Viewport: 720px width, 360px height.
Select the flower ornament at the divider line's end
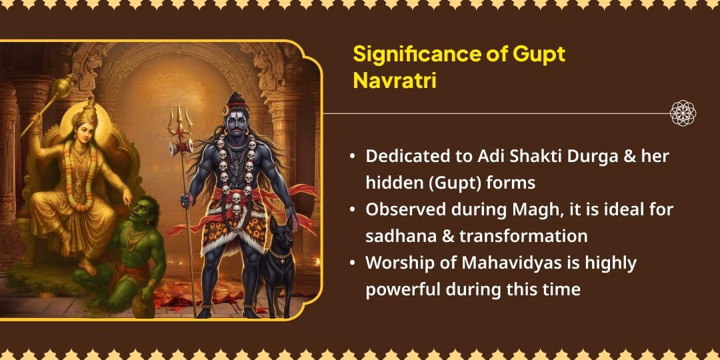pos(683,113)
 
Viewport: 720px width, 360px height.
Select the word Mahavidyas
pos(508,263)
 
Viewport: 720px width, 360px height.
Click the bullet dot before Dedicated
pos(352,157)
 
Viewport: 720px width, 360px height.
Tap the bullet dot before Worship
pos(352,263)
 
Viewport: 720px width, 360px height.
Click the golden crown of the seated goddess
pos(85,111)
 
